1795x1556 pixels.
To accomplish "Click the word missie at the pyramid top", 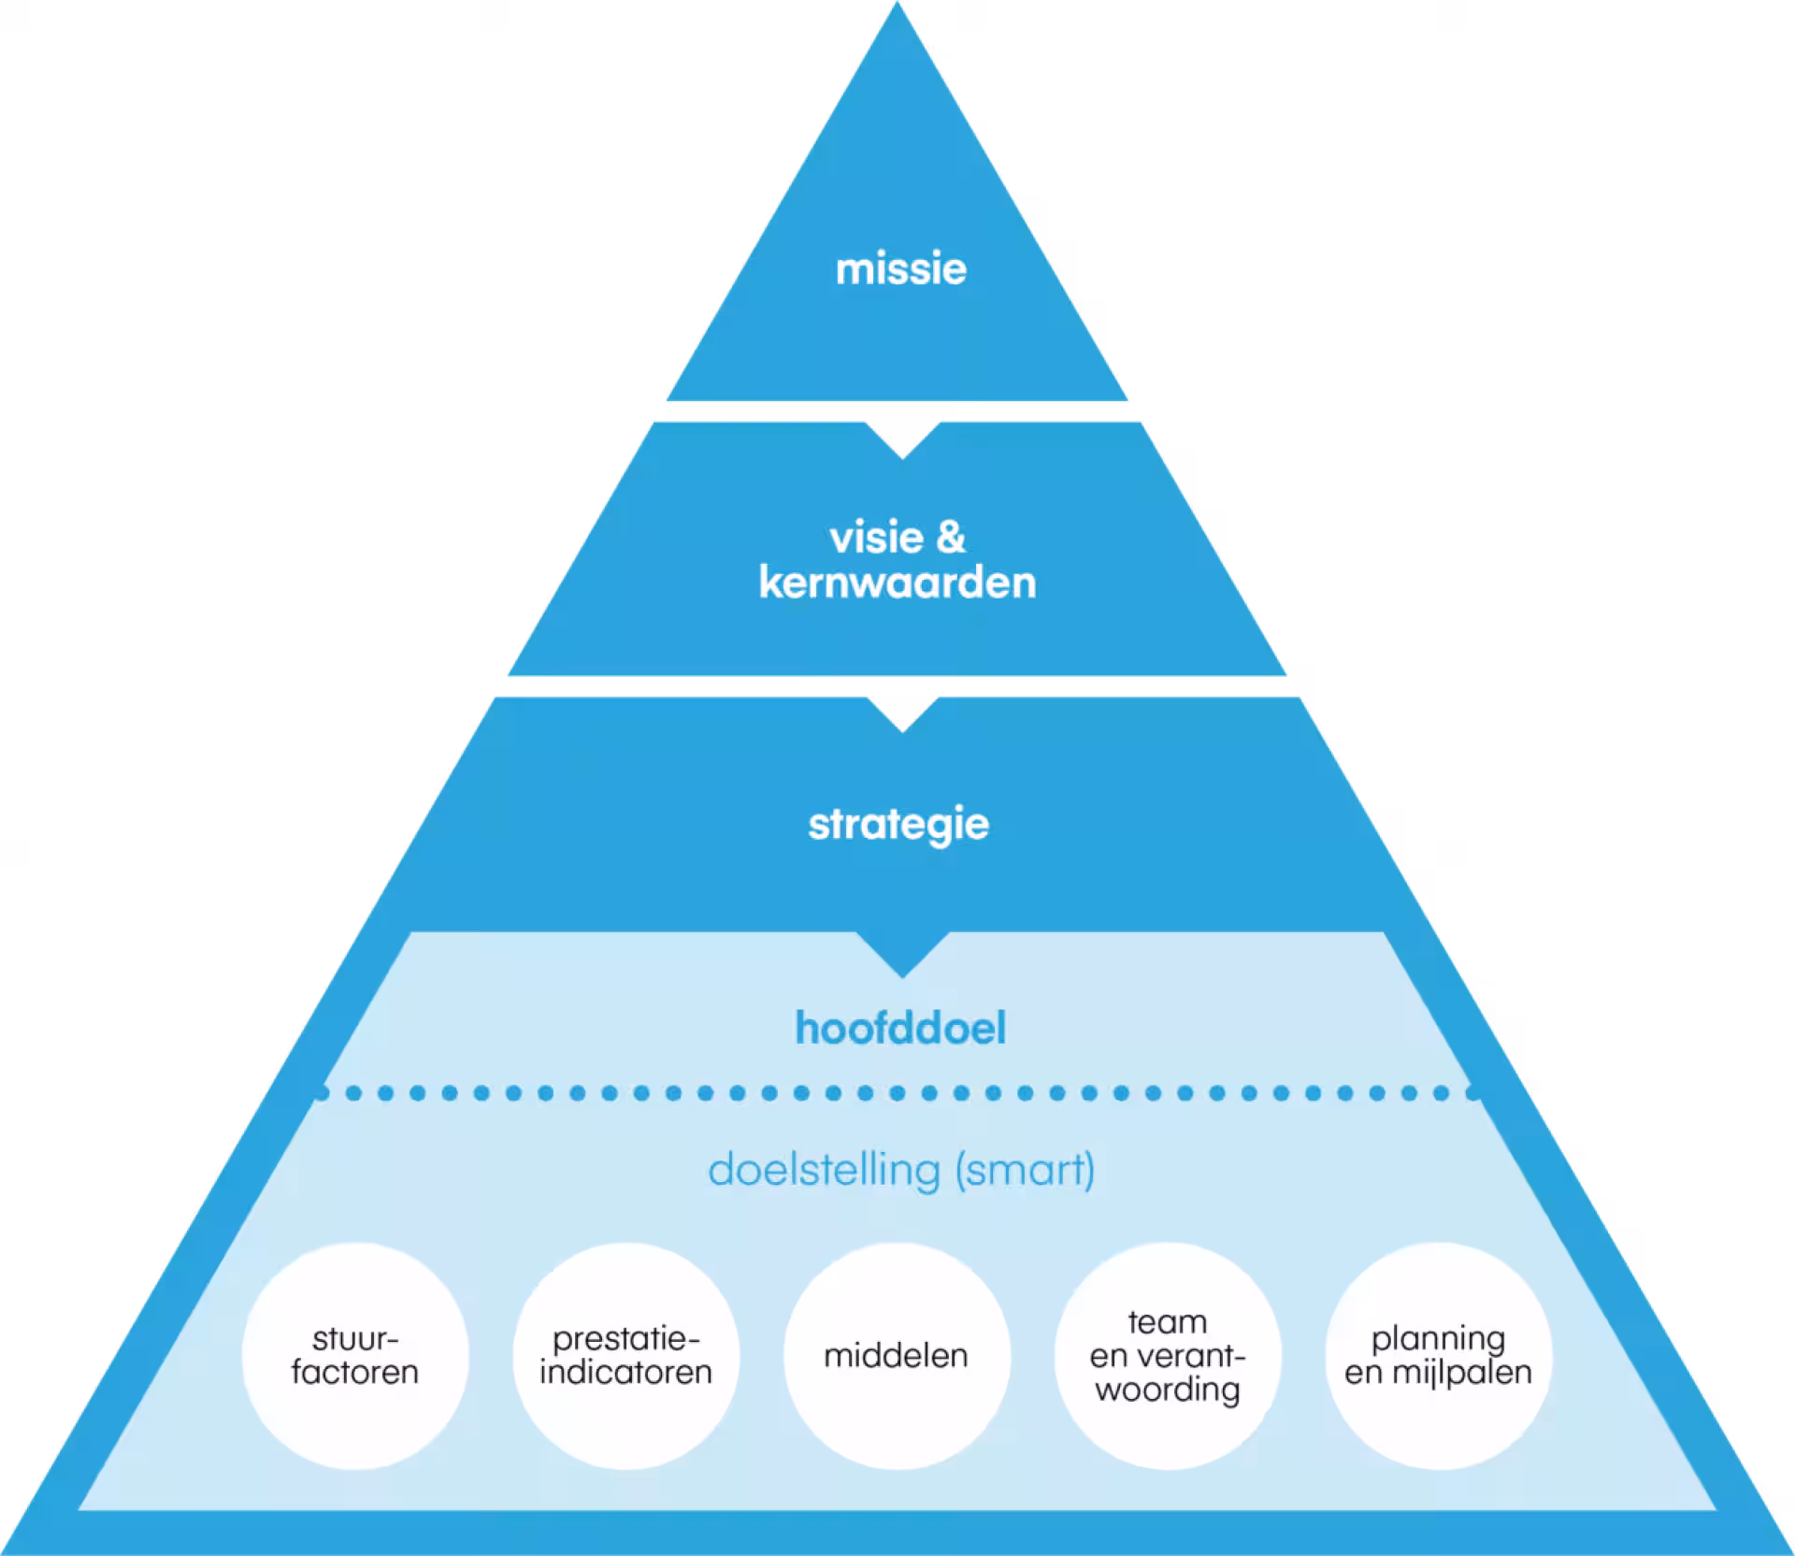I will (x=900, y=269).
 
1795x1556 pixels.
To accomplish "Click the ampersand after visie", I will (x=951, y=538).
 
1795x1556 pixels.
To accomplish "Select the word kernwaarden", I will (x=897, y=583).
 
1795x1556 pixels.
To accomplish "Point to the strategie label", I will (x=898, y=824).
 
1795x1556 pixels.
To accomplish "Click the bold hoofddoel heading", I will (x=900, y=1028).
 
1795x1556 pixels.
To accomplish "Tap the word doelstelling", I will (x=824, y=1170).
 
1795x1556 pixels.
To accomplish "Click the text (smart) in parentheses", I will (x=1025, y=1170).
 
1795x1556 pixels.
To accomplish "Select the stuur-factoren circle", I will (x=355, y=1355).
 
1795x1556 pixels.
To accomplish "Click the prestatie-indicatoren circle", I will (x=625, y=1355).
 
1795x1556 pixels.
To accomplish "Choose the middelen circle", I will (x=897, y=1355).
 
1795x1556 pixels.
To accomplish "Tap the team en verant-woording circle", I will (x=1168, y=1355).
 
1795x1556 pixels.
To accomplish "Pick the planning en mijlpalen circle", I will (x=1439, y=1355).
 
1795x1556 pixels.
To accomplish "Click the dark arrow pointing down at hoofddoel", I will (x=902, y=954).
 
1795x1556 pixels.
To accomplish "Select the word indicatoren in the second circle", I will (x=625, y=1373).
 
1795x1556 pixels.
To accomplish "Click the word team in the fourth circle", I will (x=1168, y=1322).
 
